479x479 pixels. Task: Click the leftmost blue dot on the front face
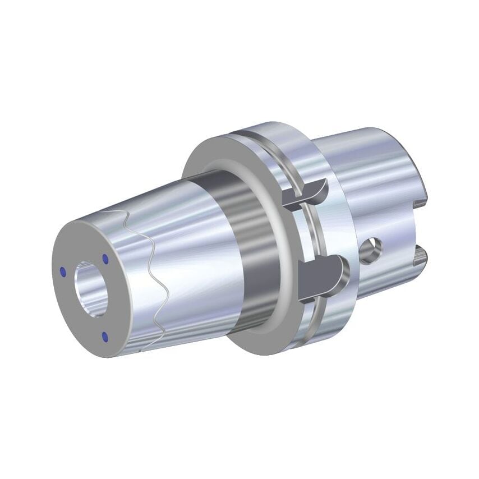click(x=63, y=272)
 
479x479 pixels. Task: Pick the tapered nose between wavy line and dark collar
click(x=185, y=236)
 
